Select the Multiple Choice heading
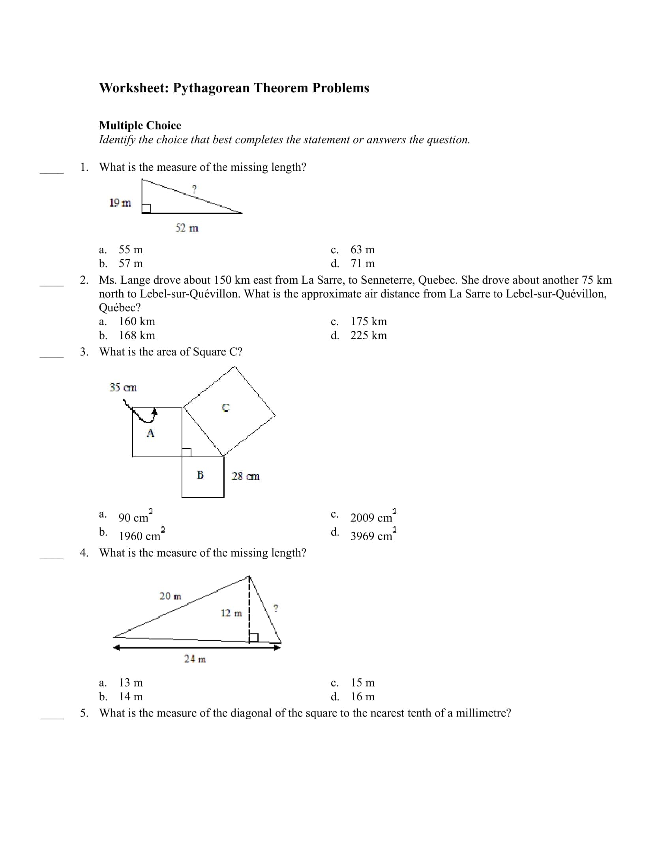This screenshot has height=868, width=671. [x=140, y=125]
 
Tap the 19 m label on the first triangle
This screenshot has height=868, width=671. [x=120, y=203]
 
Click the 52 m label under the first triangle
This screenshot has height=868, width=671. [x=187, y=228]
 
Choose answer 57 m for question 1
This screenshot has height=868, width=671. [x=130, y=263]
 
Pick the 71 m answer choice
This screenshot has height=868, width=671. [x=362, y=263]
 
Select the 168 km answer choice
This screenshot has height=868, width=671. [x=137, y=335]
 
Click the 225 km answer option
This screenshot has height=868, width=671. [x=368, y=335]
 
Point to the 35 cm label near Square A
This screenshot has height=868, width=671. [x=123, y=387]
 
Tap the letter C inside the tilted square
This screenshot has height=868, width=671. [x=225, y=408]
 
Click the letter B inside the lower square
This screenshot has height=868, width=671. [x=201, y=475]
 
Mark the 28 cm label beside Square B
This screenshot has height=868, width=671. [x=245, y=476]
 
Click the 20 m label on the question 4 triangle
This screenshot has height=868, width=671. [x=170, y=596]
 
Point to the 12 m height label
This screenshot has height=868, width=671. [x=231, y=613]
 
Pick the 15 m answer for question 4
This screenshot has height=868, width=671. [x=362, y=683]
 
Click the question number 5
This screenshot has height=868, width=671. [x=84, y=713]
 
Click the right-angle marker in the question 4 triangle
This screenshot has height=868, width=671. [x=254, y=638]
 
